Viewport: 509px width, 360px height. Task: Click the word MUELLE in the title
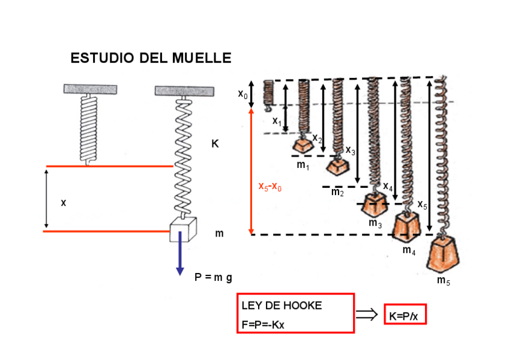click(x=202, y=58)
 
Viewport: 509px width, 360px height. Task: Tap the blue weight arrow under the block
click(x=180, y=253)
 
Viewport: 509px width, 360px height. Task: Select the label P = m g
click(x=213, y=278)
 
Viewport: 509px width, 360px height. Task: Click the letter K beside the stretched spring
click(x=215, y=143)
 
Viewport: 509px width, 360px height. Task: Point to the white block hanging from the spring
click(x=183, y=229)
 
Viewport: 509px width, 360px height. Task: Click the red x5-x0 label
click(x=270, y=187)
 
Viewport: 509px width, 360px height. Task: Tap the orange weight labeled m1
click(x=303, y=145)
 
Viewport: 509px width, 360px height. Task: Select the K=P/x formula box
click(x=405, y=314)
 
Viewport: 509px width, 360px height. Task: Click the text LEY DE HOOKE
click(x=282, y=305)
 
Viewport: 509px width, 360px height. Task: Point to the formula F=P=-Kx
click(x=263, y=325)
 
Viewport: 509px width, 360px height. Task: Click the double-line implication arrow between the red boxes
click(x=367, y=314)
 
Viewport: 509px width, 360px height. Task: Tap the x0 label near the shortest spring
click(x=243, y=94)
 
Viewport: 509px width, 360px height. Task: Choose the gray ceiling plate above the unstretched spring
click(x=90, y=89)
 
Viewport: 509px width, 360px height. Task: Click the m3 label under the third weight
click(x=375, y=223)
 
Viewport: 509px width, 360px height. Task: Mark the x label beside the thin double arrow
click(x=63, y=203)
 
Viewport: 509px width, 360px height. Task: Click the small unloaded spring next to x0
click(x=268, y=95)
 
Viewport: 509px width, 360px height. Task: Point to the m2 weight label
click(x=337, y=192)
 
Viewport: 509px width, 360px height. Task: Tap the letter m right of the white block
click(x=219, y=233)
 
